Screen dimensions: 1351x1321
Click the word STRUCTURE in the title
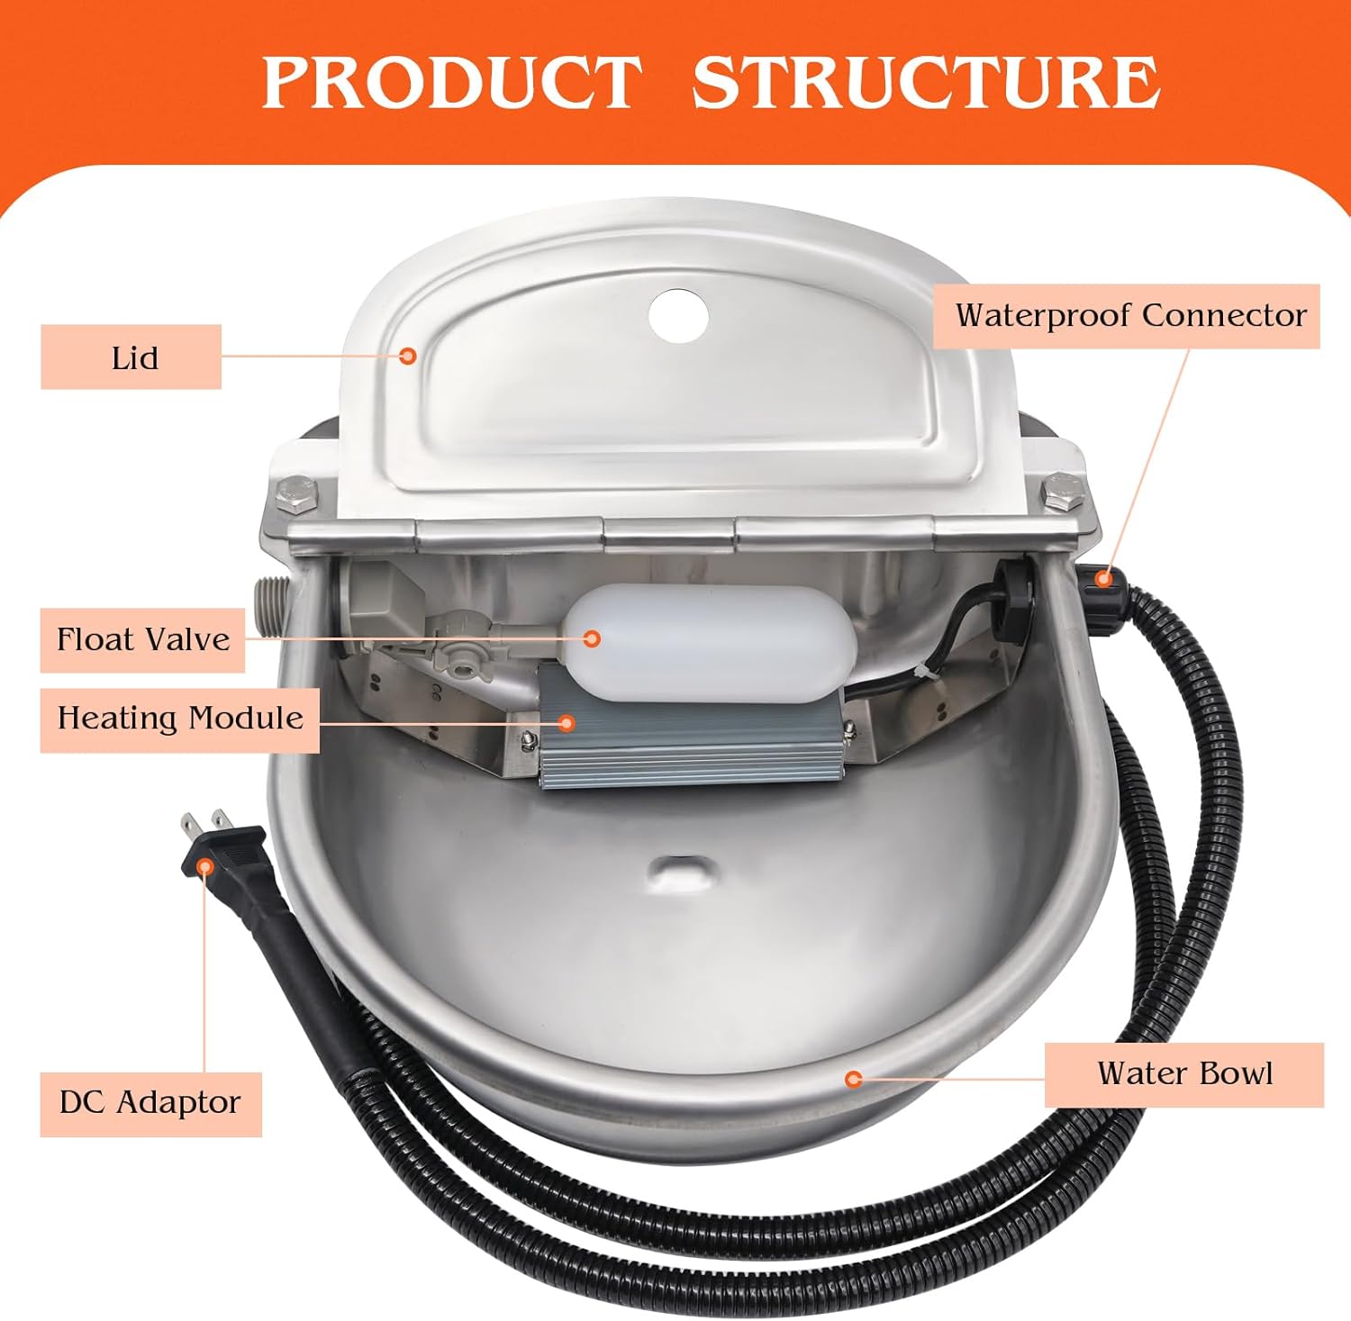[x=925, y=82]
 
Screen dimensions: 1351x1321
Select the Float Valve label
[x=142, y=639]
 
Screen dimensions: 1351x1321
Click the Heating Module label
[x=180, y=719]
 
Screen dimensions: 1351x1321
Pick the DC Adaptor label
[x=150, y=1103]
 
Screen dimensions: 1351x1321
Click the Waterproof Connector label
[x=1129, y=315]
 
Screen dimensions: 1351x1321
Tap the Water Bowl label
[x=1183, y=1073]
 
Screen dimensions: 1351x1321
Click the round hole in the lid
[x=678, y=314]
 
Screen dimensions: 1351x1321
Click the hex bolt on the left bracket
[x=298, y=494]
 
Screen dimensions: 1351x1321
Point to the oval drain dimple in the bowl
[x=681, y=868]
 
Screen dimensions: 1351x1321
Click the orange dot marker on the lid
[x=408, y=356]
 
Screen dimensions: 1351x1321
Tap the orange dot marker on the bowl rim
[x=854, y=1078]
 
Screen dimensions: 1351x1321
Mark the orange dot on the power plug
[x=205, y=865]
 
